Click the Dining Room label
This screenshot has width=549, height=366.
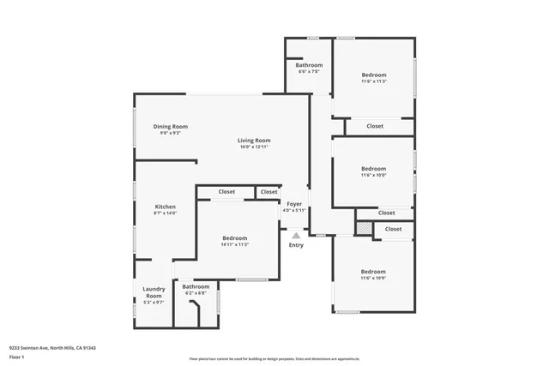tap(170, 126)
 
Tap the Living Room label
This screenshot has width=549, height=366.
tap(255, 140)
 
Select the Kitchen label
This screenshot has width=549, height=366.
tap(165, 207)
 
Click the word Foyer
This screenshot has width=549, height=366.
tap(294, 203)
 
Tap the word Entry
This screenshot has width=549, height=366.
tap(296, 245)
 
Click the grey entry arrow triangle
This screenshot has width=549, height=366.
tap(296, 234)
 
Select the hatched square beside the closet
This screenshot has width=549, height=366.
tap(365, 229)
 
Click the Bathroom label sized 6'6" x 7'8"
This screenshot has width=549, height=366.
tap(309, 65)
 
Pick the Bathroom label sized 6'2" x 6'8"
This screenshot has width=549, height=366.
tap(196, 286)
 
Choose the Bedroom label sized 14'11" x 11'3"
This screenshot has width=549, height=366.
tap(235, 237)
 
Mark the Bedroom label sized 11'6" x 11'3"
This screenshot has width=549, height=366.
tap(374, 75)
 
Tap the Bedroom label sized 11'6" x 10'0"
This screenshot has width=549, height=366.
tap(374, 168)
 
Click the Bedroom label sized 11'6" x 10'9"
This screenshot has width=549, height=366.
tap(374, 271)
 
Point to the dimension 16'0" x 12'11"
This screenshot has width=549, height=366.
tap(255, 147)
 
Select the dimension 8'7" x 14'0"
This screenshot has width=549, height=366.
tap(165, 213)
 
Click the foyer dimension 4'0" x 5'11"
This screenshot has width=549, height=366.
tap(294, 210)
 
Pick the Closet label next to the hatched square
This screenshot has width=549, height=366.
tap(394, 229)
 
